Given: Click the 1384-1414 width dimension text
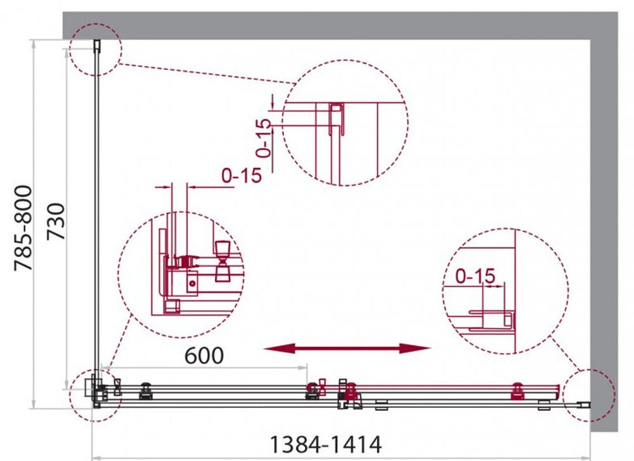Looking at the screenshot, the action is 325,445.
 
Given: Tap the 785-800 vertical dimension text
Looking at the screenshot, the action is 23,228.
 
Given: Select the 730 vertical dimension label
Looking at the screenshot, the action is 56,221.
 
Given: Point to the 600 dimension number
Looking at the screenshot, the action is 204,356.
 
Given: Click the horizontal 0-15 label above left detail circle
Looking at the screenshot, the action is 242,175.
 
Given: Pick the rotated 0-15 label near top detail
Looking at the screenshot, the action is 263,138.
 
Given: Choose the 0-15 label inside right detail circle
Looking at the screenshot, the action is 475,276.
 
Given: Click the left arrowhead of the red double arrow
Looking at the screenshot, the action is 279,347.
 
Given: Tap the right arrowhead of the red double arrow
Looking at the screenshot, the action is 415,347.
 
